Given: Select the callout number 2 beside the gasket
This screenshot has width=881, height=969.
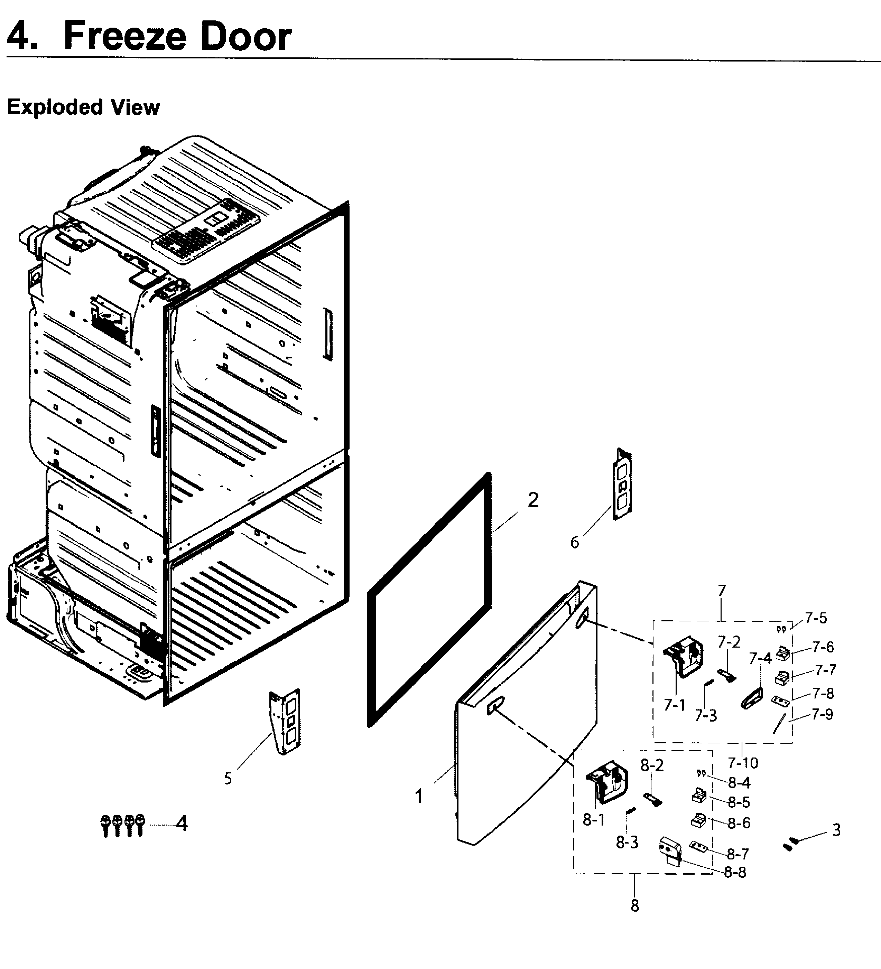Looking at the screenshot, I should (x=533, y=500).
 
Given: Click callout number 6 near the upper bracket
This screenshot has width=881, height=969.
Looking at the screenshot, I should (x=575, y=543).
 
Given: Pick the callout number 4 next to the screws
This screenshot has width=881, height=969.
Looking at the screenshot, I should (x=181, y=824).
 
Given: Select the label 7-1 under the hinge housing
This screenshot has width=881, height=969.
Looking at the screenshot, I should (x=674, y=705).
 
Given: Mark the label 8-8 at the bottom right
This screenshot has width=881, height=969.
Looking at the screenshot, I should (x=735, y=872).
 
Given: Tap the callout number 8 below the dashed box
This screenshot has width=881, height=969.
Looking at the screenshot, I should (x=635, y=906).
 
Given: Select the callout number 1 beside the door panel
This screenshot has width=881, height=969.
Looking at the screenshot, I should (x=419, y=797).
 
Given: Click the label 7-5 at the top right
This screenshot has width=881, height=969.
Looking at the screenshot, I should (x=816, y=618).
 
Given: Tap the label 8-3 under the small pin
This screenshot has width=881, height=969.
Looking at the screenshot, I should (x=627, y=842).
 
